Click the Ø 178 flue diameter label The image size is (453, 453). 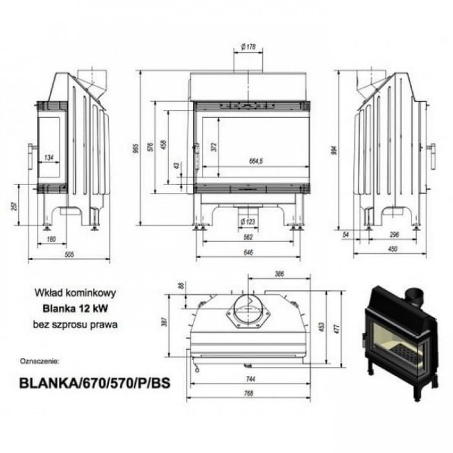click(x=248, y=47)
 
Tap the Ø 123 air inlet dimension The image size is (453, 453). click(x=248, y=221)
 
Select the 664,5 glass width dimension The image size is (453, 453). click(x=256, y=161)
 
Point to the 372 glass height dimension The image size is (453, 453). click(x=214, y=147)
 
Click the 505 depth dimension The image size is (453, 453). click(x=69, y=254)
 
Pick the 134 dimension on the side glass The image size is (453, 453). click(x=49, y=158)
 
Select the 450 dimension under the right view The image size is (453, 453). click(x=393, y=249)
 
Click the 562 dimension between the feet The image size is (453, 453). click(x=248, y=237)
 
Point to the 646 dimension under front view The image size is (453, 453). click(x=248, y=252)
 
